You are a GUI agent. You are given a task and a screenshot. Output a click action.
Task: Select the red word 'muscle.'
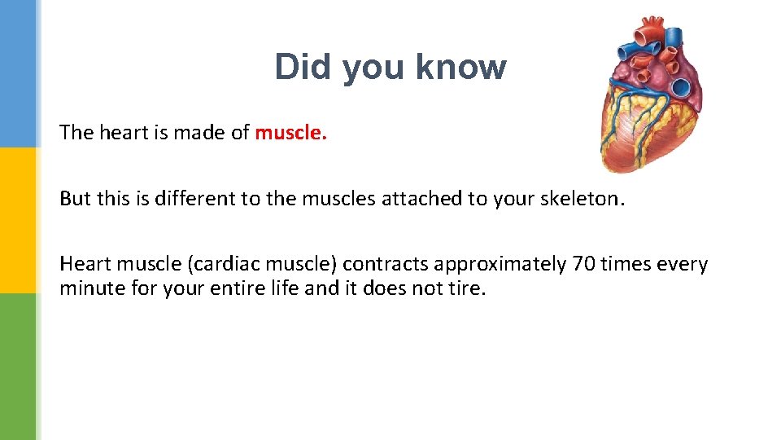(290, 133)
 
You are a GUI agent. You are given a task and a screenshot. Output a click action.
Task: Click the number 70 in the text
(583, 264)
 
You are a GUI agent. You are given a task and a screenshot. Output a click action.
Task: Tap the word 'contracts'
(385, 265)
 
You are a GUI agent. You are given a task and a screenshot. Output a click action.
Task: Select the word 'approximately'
(500, 266)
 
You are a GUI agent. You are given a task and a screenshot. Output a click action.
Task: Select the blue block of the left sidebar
(18, 73)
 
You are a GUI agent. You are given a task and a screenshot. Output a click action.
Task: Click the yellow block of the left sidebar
(18, 220)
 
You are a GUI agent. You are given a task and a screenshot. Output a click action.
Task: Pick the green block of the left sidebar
(18, 367)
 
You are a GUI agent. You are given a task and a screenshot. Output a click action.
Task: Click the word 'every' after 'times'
(682, 265)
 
